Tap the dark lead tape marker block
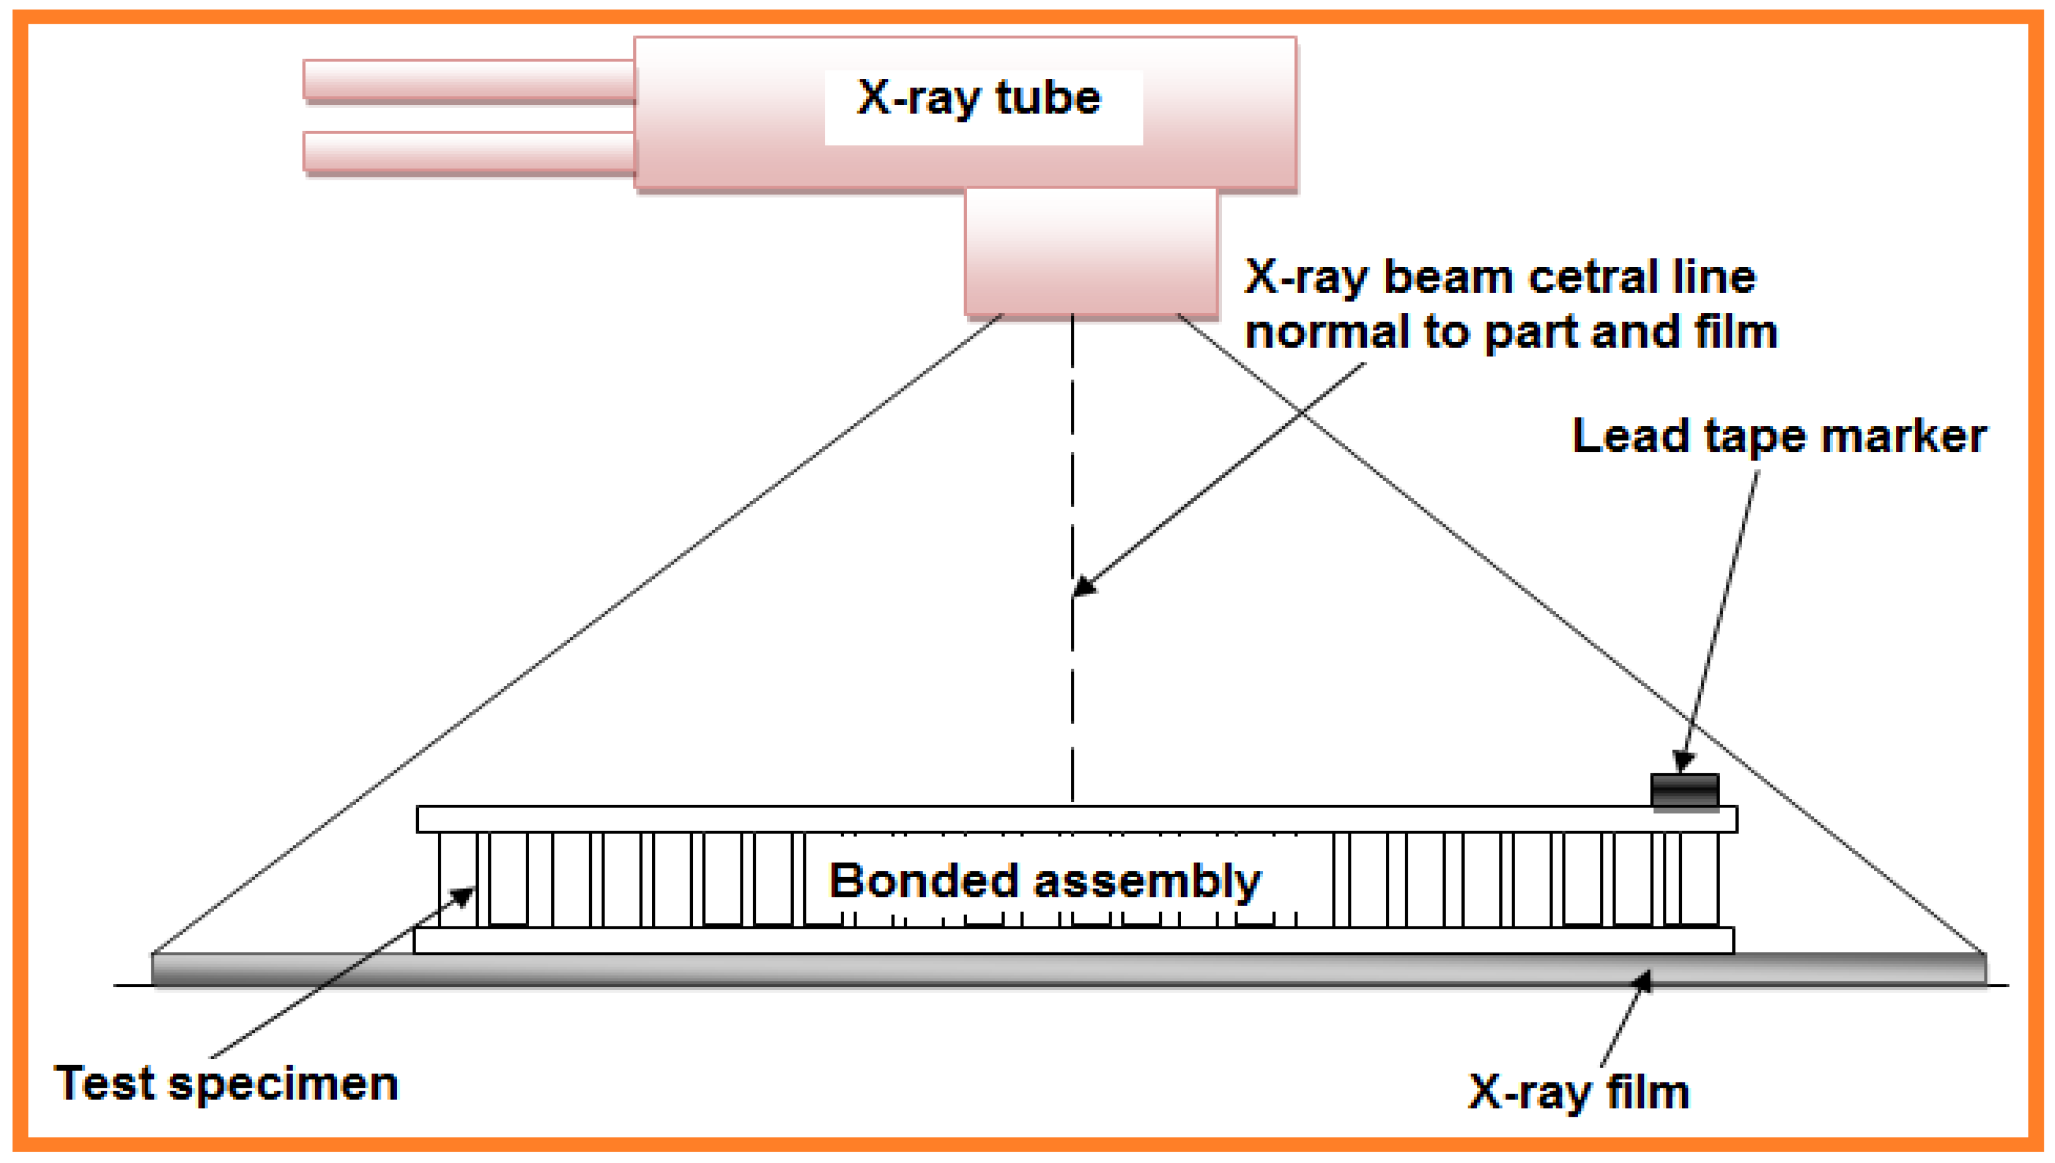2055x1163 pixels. click(1684, 790)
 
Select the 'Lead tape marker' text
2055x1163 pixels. click(1779, 437)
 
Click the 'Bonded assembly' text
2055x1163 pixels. click(1044, 881)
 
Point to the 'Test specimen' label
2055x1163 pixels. click(226, 1084)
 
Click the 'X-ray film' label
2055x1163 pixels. click(1578, 1091)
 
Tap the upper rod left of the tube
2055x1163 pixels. click(469, 81)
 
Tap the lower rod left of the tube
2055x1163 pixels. click(469, 152)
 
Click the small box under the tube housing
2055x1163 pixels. click(1090, 251)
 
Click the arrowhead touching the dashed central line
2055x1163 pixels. click(1083, 587)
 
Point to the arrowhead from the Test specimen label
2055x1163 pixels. click(466, 894)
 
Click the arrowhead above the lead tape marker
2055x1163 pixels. click(1682, 760)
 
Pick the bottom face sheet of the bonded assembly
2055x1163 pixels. click(1073, 940)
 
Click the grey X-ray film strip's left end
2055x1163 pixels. click(172, 969)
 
